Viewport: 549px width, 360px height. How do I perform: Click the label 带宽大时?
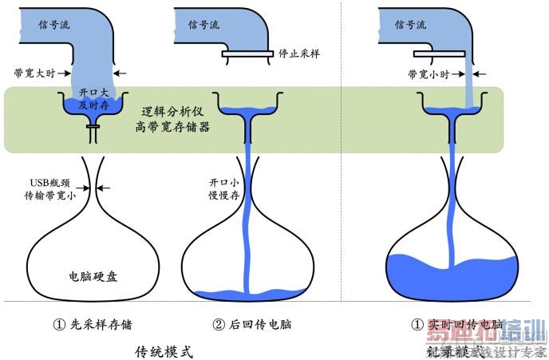(35, 73)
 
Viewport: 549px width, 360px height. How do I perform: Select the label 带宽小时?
(428, 74)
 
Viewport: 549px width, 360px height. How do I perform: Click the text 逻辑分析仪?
(171, 112)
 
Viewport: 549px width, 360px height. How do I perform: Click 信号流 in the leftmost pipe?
(55, 25)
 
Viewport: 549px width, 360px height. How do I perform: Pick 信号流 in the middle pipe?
(204, 25)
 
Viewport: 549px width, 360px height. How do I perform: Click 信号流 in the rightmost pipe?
(410, 25)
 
